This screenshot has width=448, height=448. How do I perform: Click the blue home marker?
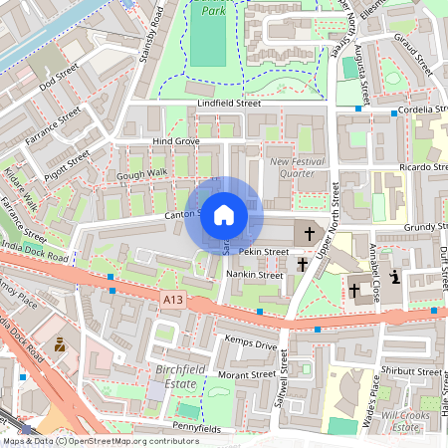224,214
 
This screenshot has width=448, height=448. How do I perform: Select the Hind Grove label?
176,142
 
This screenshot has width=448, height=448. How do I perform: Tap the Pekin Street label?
263,252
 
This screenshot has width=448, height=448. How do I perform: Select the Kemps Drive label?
253,344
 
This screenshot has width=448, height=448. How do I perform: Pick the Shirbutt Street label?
412,371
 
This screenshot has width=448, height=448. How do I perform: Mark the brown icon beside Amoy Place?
59,344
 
